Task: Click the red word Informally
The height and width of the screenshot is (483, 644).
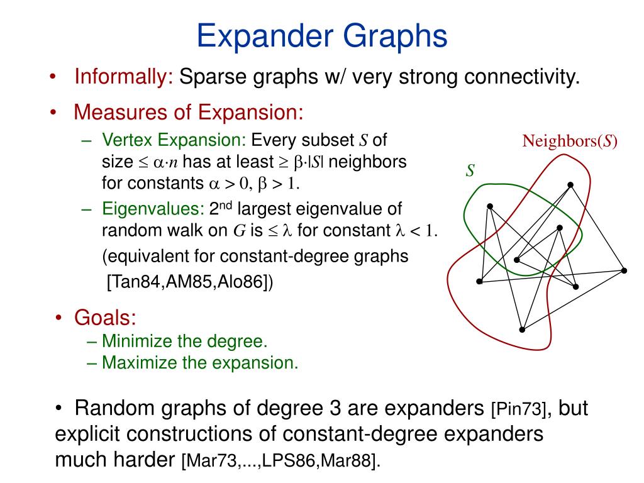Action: [123, 77]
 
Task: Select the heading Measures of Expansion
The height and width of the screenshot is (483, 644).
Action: [189, 113]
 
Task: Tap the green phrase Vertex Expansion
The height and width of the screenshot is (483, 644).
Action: [174, 140]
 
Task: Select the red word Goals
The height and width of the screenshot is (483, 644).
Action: [105, 318]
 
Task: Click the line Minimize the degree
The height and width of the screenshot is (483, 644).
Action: [185, 341]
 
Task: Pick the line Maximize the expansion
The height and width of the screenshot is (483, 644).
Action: [200, 363]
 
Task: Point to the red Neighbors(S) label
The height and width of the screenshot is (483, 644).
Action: [570, 142]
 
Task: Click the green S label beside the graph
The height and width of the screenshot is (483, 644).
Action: [469, 170]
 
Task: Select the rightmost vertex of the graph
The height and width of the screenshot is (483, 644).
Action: [624, 270]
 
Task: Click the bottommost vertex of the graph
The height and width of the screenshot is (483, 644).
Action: [522, 330]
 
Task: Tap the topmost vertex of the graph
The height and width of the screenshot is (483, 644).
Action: [570, 184]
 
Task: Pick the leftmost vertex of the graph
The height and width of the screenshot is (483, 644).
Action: [479, 281]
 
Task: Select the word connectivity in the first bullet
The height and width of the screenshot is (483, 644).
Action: [521, 77]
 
